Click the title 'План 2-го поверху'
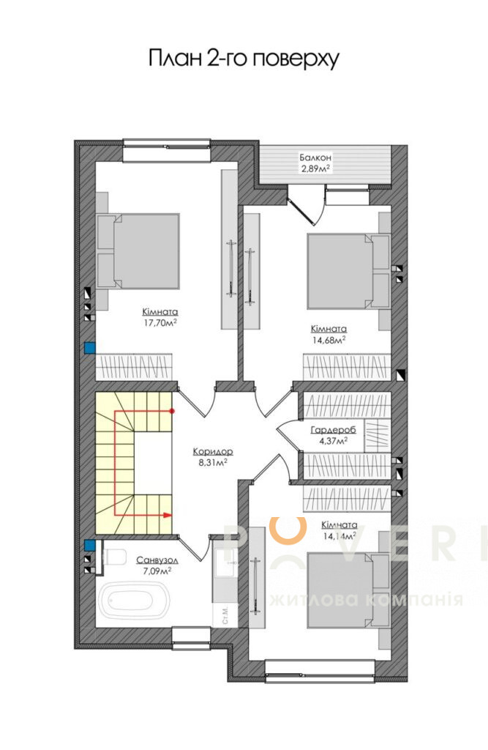(244, 59)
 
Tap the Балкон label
(315, 157)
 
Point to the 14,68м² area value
(329, 340)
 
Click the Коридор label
(213, 451)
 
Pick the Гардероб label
(333, 430)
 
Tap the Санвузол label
(158, 560)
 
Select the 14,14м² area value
(339, 536)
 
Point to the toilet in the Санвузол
(113, 557)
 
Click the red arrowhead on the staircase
(168, 515)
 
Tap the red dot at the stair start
(172, 410)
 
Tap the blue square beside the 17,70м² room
(89, 348)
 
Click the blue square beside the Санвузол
(89, 545)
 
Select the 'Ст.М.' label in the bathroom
(226, 615)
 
